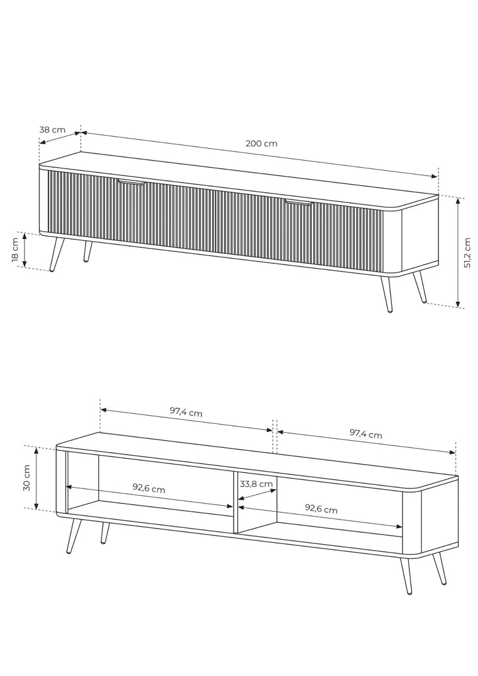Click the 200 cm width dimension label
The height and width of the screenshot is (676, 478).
262,143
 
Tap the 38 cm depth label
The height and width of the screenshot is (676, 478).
52,130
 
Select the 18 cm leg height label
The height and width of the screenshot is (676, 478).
15,250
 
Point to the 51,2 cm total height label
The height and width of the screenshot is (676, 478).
467,253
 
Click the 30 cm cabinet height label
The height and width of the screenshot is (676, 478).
27,478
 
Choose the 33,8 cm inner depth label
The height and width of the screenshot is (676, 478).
256,484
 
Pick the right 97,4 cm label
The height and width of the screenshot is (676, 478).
366,434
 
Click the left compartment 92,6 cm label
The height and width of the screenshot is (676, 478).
149,489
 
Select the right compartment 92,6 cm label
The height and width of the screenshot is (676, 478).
321,509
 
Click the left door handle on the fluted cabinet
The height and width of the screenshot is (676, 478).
132,183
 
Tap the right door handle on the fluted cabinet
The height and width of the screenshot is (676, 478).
298,202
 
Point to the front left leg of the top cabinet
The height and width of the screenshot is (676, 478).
57,254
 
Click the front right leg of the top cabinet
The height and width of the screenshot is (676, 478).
387,294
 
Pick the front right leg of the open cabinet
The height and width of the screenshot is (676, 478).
406,576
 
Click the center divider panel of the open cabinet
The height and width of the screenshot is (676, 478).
236,502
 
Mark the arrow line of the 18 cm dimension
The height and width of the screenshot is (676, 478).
24,250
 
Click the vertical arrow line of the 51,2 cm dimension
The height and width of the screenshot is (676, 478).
458,253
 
